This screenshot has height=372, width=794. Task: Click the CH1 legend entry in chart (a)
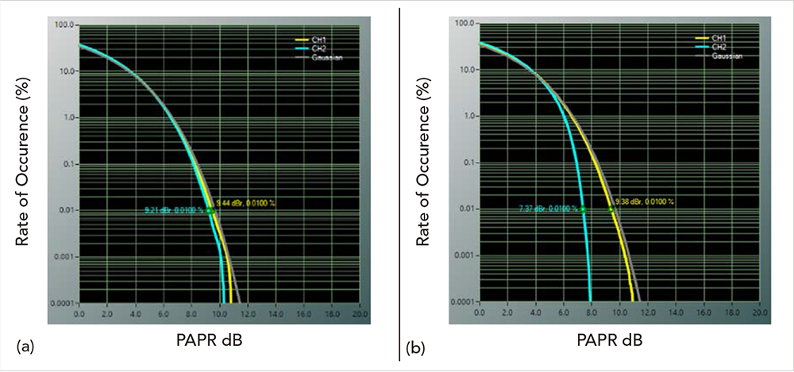322,39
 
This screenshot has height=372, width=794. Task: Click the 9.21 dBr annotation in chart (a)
173,210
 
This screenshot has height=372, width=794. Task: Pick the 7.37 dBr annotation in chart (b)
548,209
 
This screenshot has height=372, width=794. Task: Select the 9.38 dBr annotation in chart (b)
645,201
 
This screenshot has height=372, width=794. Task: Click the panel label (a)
25,346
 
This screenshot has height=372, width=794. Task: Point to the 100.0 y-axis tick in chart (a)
64,25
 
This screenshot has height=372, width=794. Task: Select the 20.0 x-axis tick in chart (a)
360,315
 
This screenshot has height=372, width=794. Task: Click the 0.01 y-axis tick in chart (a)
67,210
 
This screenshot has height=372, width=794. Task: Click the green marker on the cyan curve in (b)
583,209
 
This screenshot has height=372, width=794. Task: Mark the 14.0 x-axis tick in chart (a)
276,315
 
